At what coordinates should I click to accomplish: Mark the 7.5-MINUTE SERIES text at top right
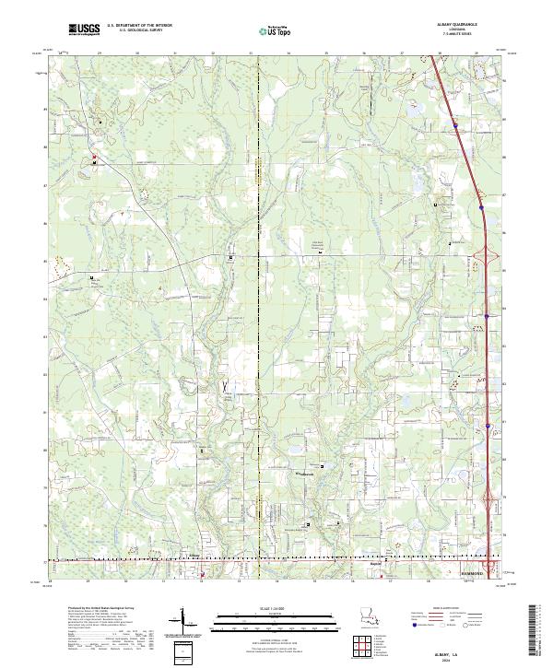pyautogui.click(x=450, y=36)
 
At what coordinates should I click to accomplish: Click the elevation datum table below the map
pyautogui.click(x=106, y=635)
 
